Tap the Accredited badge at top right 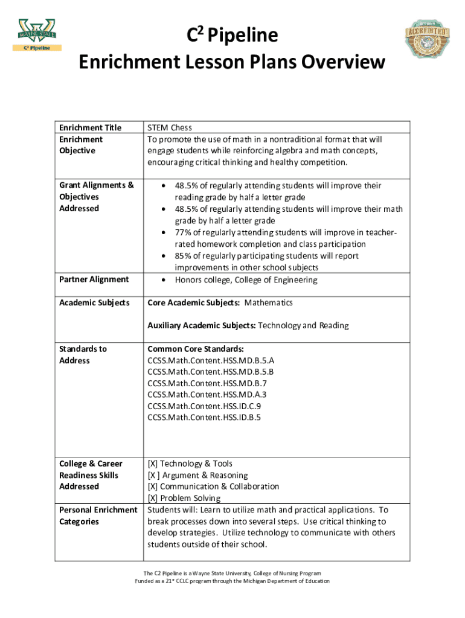(x=428, y=40)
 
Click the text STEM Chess (x=170, y=127)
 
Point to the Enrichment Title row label (x=90, y=127)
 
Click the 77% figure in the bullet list (x=184, y=232)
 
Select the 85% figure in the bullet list (x=184, y=256)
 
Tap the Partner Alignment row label (x=94, y=279)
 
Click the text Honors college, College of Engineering (x=246, y=279)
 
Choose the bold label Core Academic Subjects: (x=194, y=302)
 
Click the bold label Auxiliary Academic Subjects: (x=202, y=325)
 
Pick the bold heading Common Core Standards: (x=196, y=349)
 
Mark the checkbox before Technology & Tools (x=153, y=463)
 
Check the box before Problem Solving (x=153, y=498)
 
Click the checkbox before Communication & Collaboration (x=153, y=486)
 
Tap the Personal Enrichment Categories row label (x=98, y=515)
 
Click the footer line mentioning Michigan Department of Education (x=232, y=581)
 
